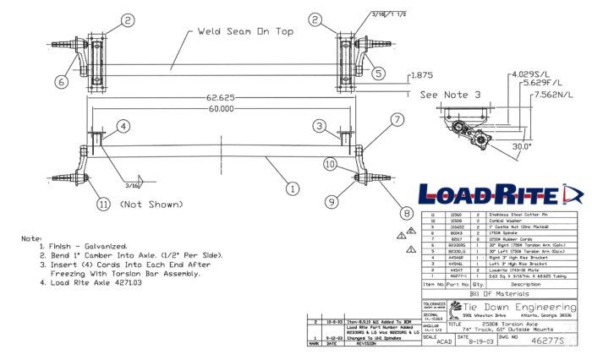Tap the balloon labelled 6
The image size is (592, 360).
click(61, 82)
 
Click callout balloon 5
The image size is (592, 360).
click(377, 73)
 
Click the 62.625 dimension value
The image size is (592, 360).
click(221, 97)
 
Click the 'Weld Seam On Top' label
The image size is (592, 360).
click(245, 31)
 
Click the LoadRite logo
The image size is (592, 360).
click(502, 194)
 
